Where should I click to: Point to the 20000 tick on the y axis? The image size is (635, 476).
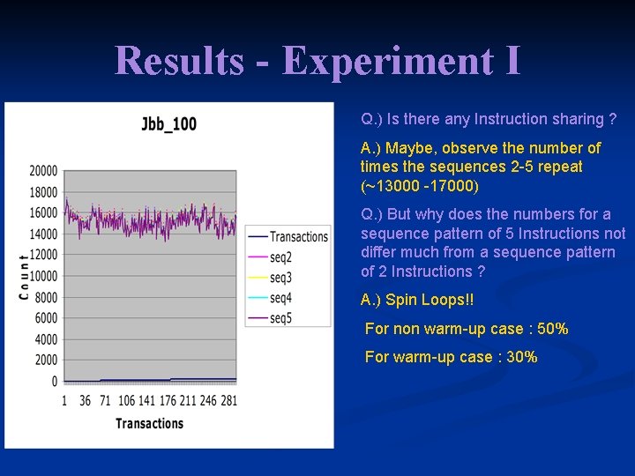[x=43, y=171]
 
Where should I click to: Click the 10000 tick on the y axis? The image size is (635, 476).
[x=43, y=276]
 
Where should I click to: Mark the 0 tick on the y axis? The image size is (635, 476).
[x=55, y=382]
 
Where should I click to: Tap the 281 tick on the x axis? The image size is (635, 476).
[x=228, y=401]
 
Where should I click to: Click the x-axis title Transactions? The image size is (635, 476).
[x=149, y=423]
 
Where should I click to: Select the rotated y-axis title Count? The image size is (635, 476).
[x=24, y=276]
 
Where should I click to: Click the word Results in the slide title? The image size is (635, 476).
[x=178, y=61]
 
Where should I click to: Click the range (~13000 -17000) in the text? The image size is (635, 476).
[x=419, y=186]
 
